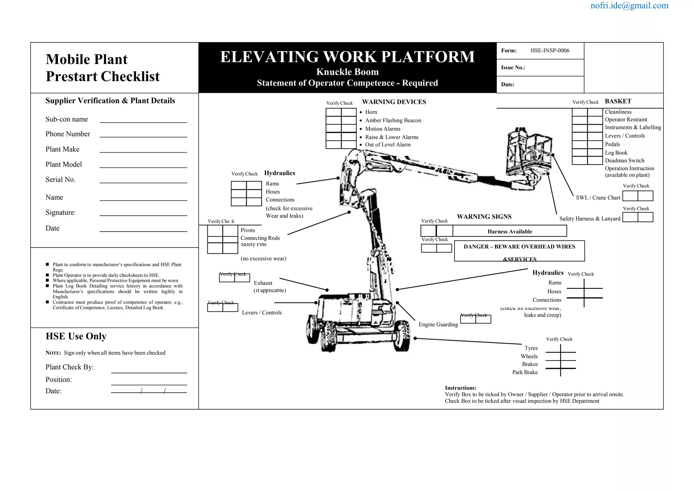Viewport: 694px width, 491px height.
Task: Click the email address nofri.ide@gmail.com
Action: tap(629, 6)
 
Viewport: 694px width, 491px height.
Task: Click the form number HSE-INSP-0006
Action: tap(550, 51)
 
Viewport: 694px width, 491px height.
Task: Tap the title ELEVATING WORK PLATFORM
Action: tap(347, 57)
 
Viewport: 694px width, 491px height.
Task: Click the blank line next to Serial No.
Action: tap(143, 180)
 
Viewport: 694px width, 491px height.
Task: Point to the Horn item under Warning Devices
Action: tap(371, 112)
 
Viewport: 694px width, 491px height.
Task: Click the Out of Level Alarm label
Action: tap(388, 145)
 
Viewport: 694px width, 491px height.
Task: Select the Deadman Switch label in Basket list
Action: tap(625, 161)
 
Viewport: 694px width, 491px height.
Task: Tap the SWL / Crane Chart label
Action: tap(598, 198)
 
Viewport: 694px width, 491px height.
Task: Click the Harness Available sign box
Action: tap(509, 232)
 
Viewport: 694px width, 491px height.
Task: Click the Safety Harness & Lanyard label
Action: tap(590, 219)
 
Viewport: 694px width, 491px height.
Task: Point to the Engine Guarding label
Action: tap(438, 325)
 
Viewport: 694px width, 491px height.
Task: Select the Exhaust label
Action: tap(263, 283)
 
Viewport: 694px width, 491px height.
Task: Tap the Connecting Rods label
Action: tap(260, 238)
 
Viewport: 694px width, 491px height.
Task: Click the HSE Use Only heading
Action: tap(76, 336)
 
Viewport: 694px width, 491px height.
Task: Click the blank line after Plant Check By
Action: tap(149, 370)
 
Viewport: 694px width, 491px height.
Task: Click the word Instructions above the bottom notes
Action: tap(461, 388)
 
